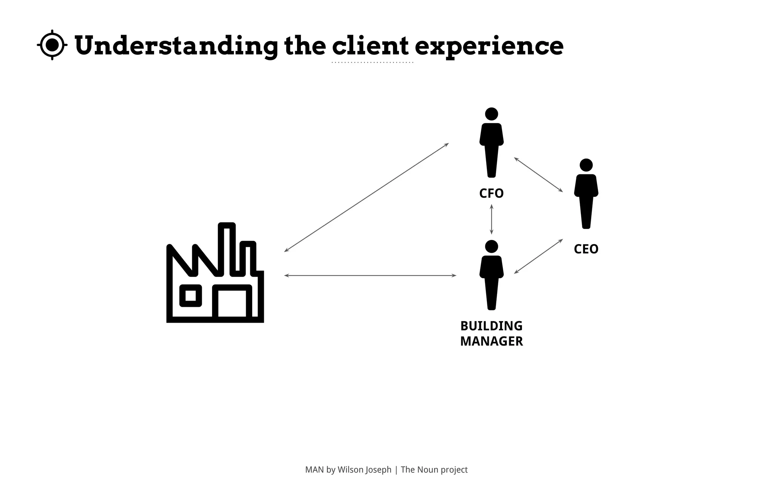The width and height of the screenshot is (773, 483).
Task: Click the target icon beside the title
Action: [x=52, y=45]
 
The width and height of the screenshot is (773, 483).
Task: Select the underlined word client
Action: [x=370, y=46]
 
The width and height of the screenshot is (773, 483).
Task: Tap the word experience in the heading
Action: [x=489, y=46]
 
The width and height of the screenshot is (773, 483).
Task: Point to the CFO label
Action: [x=491, y=194]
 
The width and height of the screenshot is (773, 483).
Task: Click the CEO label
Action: [x=586, y=249]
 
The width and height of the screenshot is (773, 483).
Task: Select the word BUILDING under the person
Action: [x=491, y=326]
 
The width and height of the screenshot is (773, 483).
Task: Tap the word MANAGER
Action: [x=491, y=341]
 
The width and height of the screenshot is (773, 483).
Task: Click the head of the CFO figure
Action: [x=491, y=114]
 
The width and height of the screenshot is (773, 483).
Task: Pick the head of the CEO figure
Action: [x=586, y=165]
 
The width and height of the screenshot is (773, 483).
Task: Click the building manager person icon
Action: [x=491, y=279]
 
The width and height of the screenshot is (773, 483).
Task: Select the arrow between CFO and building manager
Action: [x=491, y=219]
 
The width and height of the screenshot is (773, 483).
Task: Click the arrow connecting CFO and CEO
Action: [x=538, y=174]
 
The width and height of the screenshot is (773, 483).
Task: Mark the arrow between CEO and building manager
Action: [x=538, y=256]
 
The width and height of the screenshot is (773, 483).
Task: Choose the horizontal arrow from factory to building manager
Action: [x=370, y=276]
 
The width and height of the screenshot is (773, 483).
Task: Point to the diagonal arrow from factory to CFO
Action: [x=366, y=197]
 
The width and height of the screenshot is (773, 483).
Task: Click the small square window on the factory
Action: [x=191, y=295]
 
